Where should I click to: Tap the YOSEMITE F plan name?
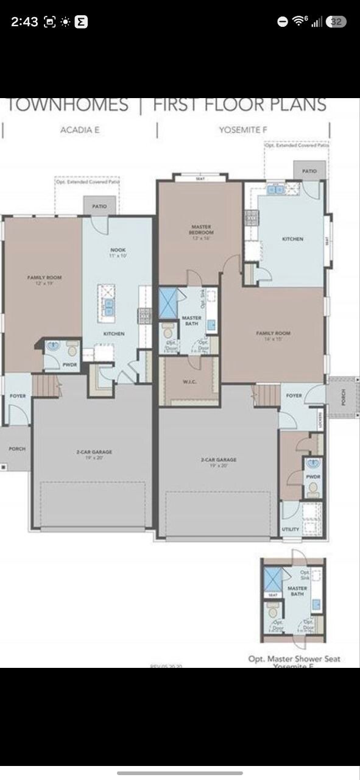coord(244,130)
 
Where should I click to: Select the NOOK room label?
coord(118,250)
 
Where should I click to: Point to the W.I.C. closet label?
coord(188,383)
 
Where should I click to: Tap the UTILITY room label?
coord(291,529)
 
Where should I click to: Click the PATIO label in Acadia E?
coord(99,207)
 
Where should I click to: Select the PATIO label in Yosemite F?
coord(309,171)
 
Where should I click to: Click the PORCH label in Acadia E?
coord(17,448)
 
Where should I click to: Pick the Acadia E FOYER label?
coord(18,397)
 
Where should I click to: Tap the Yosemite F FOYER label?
coord(294,395)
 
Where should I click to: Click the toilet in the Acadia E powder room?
coord(72,350)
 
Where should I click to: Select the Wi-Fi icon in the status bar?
coord(298,21)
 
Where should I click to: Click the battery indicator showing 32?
coord(336,21)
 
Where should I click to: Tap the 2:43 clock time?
coord(24,22)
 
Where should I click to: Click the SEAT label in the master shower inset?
coord(273,595)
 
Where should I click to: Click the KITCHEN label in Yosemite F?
coord(292,239)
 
